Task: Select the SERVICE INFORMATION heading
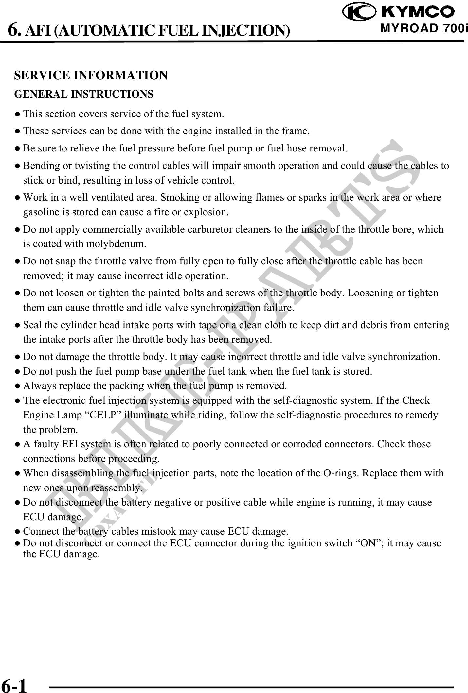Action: (91, 75)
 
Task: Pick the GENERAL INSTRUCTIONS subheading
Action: (84, 94)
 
